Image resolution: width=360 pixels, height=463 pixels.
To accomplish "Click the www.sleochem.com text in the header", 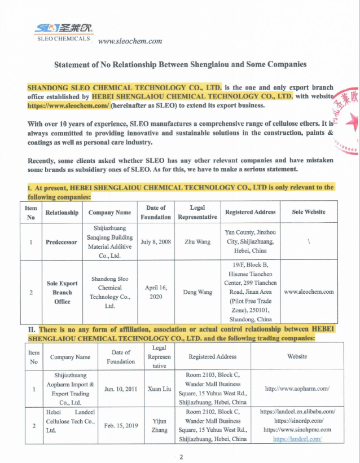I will (x=130, y=41).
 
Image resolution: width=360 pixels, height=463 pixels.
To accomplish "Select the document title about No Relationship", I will (x=180, y=64).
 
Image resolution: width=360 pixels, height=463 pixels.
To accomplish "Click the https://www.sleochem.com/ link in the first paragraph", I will (x=68, y=105).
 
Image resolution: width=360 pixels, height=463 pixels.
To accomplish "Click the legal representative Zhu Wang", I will (x=197, y=241).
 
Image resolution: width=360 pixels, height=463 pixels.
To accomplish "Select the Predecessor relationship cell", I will (x=62, y=241).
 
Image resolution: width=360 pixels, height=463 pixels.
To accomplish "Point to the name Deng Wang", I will (x=197, y=292).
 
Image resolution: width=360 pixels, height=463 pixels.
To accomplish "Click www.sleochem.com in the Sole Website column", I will (x=309, y=292).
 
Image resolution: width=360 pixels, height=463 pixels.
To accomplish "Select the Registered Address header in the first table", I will (x=250, y=212).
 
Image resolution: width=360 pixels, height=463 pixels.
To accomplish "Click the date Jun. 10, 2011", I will (x=121, y=389).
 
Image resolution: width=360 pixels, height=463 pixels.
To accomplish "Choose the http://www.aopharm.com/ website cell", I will (x=297, y=389).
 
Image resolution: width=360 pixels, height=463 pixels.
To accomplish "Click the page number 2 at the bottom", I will (x=181, y=457).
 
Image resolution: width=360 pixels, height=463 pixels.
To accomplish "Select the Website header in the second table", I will (x=297, y=356).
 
